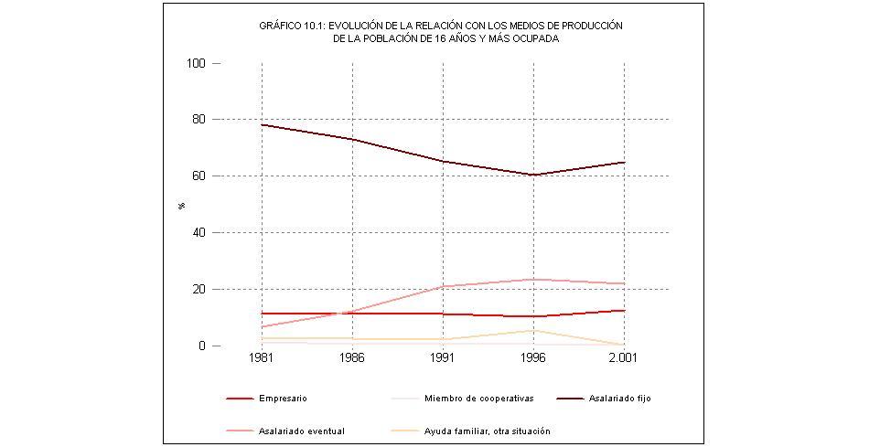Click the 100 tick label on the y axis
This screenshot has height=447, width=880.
pos(196,63)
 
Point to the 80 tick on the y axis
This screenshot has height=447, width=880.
pos(199,120)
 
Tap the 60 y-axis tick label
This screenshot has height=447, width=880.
pos(199,176)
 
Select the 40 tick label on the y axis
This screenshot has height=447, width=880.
pos(199,233)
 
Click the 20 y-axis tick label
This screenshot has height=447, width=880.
pos(199,290)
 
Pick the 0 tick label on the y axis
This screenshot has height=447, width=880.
pos(202,346)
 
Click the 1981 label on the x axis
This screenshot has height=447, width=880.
pos(262,357)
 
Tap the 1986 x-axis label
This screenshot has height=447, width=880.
pos(352,357)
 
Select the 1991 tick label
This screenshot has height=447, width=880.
pos(443,357)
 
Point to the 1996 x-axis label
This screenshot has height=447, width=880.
pos(533,357)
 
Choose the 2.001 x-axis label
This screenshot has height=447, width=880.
pos(624,357)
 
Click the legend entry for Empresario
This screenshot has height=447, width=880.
pos(283,399)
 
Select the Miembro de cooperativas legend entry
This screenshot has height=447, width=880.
pos(478,399)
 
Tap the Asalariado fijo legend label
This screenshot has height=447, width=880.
pos(619,399)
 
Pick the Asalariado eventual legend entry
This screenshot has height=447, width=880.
pos(301,431)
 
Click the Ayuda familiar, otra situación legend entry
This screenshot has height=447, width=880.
pos(487,431)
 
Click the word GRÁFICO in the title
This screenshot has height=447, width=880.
pos(280,26)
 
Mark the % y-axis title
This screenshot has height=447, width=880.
pos(182,206)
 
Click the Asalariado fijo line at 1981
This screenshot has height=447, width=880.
pos(262,124)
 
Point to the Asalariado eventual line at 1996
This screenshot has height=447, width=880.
pos(533,279)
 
